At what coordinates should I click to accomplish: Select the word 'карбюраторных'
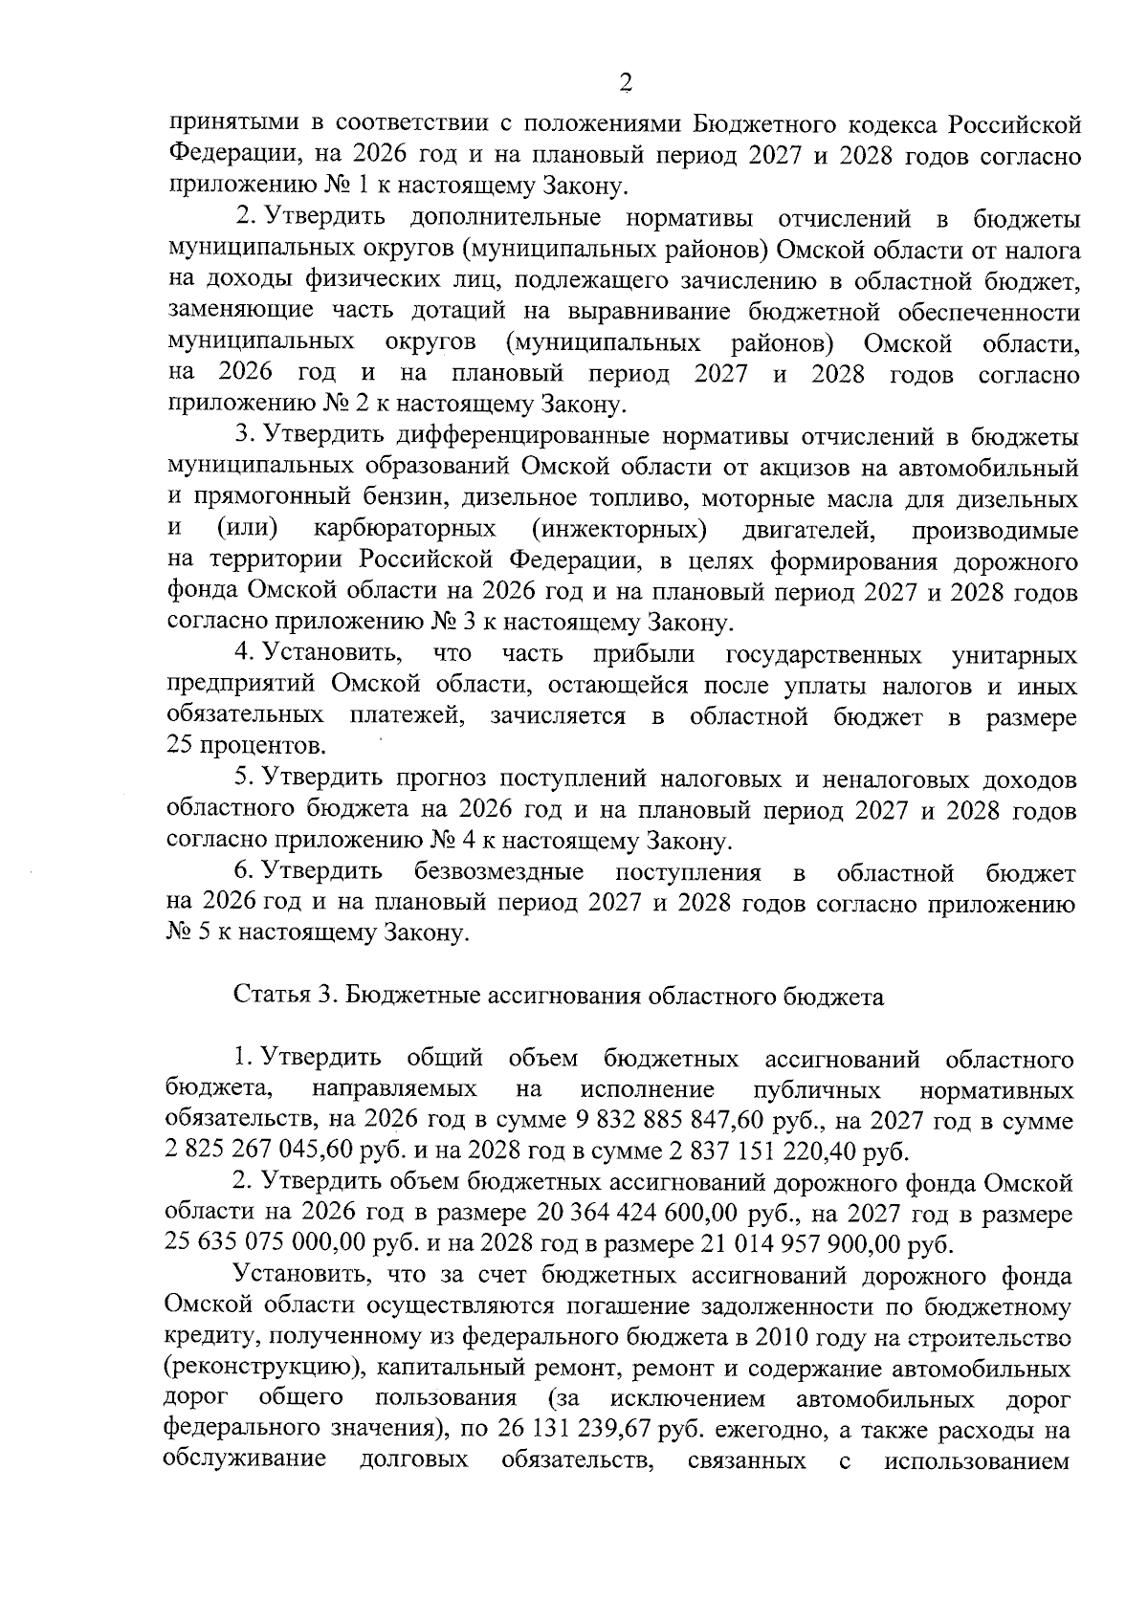tap(404, 530)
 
